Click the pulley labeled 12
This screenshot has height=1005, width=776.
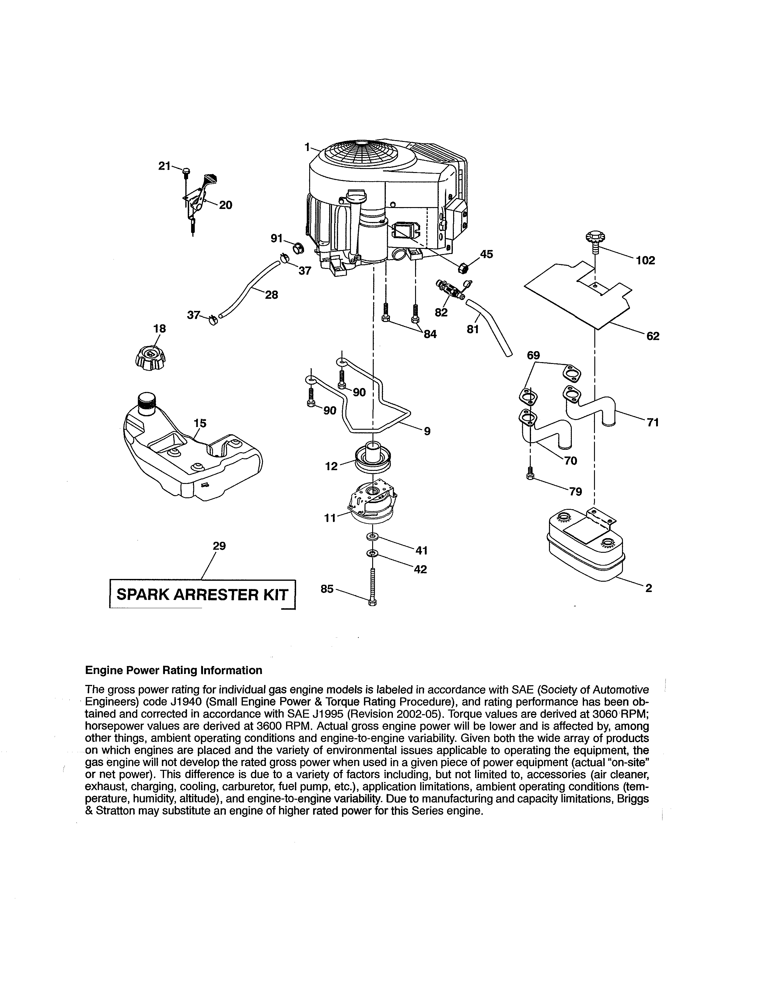tap(372, 458)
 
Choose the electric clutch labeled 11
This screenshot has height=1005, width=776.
tap(372, 504)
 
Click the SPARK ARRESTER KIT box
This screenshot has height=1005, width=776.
tap(202, 594)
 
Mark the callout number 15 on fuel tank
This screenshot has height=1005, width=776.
tap(200, 423)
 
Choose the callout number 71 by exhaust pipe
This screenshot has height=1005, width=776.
tap(653, 422)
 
